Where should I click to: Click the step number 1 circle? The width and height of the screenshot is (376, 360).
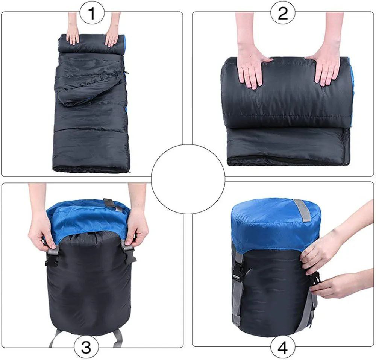tap(92, 14)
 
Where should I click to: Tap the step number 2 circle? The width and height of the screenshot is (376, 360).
tap(283, 14)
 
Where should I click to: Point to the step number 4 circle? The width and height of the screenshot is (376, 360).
tap(283, 347)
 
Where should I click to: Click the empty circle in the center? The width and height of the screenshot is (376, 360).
tap(188, 179)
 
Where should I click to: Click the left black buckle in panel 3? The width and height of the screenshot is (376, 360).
tap(51, 258)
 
